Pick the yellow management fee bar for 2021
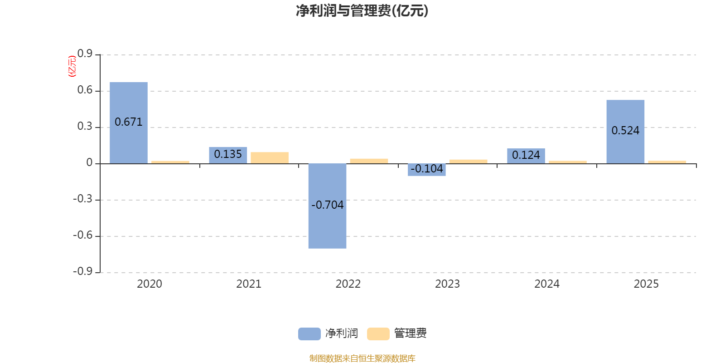270,157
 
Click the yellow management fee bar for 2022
369,161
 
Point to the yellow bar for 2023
468,161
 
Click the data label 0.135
228,154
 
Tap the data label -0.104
427,169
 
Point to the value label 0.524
625,131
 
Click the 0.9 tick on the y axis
85,54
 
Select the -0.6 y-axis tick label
82,235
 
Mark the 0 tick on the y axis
89,163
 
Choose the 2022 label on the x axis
348,284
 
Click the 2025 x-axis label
646,284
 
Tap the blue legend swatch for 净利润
309,334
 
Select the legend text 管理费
410,334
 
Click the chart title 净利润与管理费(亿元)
362,11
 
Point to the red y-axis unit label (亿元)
72,66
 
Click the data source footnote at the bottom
362,358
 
